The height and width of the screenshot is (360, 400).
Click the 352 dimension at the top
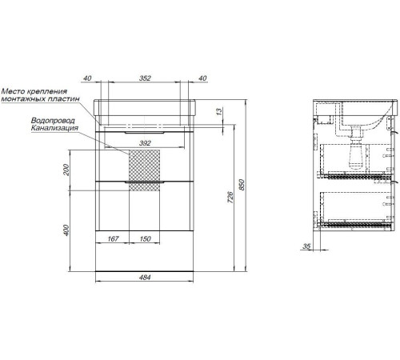point(145,78)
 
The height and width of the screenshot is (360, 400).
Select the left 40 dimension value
point(87,78)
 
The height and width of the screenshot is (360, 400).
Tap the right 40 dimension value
point(202,78)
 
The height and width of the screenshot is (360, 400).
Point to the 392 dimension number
point(145,143)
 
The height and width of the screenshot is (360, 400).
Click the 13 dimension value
point(219,112)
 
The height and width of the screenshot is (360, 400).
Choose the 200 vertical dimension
point(66,170)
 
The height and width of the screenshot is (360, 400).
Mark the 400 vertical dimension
point(66,230)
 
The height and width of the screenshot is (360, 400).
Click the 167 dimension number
point(113,238)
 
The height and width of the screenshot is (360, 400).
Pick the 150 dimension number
point(145,238)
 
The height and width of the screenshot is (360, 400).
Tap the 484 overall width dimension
point(145,278)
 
